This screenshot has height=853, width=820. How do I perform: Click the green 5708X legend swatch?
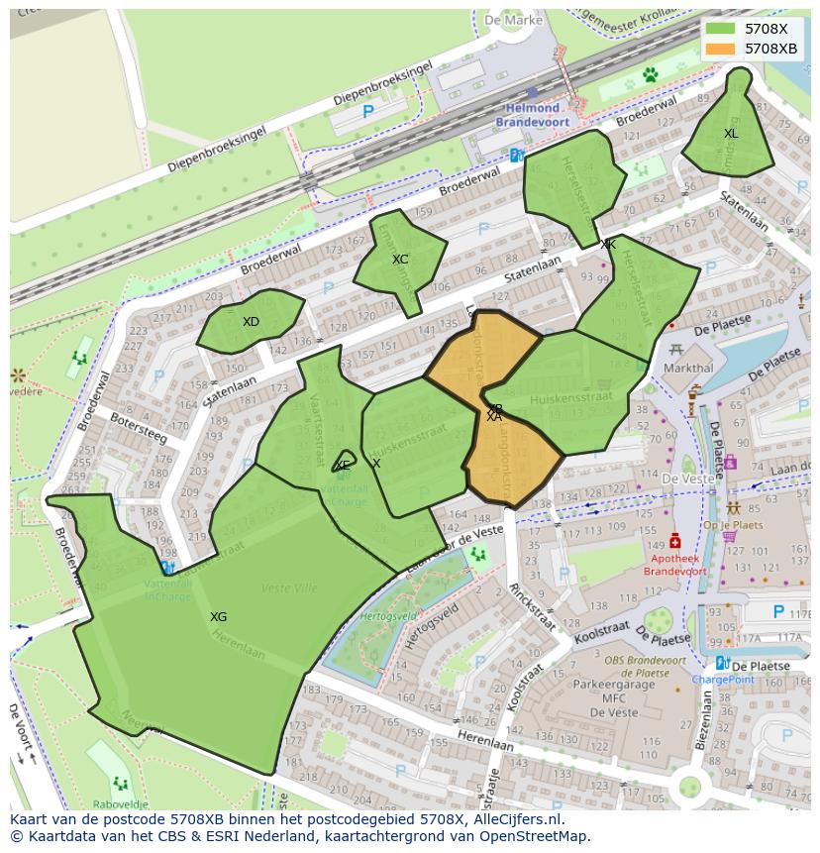721,29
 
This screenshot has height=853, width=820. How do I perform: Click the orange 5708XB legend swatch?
721,48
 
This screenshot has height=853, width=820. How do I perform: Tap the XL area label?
731,134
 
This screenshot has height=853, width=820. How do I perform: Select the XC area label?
400,260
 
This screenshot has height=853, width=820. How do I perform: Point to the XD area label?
251,322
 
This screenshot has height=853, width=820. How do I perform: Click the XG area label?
218,617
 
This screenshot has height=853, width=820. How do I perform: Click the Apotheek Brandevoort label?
675,565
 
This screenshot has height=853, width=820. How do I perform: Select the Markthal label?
688,368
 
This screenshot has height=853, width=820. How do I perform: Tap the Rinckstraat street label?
532,606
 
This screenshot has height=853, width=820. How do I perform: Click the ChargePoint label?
723,680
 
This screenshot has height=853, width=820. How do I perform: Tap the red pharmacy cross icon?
675,541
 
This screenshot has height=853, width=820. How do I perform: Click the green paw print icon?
651,74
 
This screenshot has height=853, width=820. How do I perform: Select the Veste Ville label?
289,588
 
